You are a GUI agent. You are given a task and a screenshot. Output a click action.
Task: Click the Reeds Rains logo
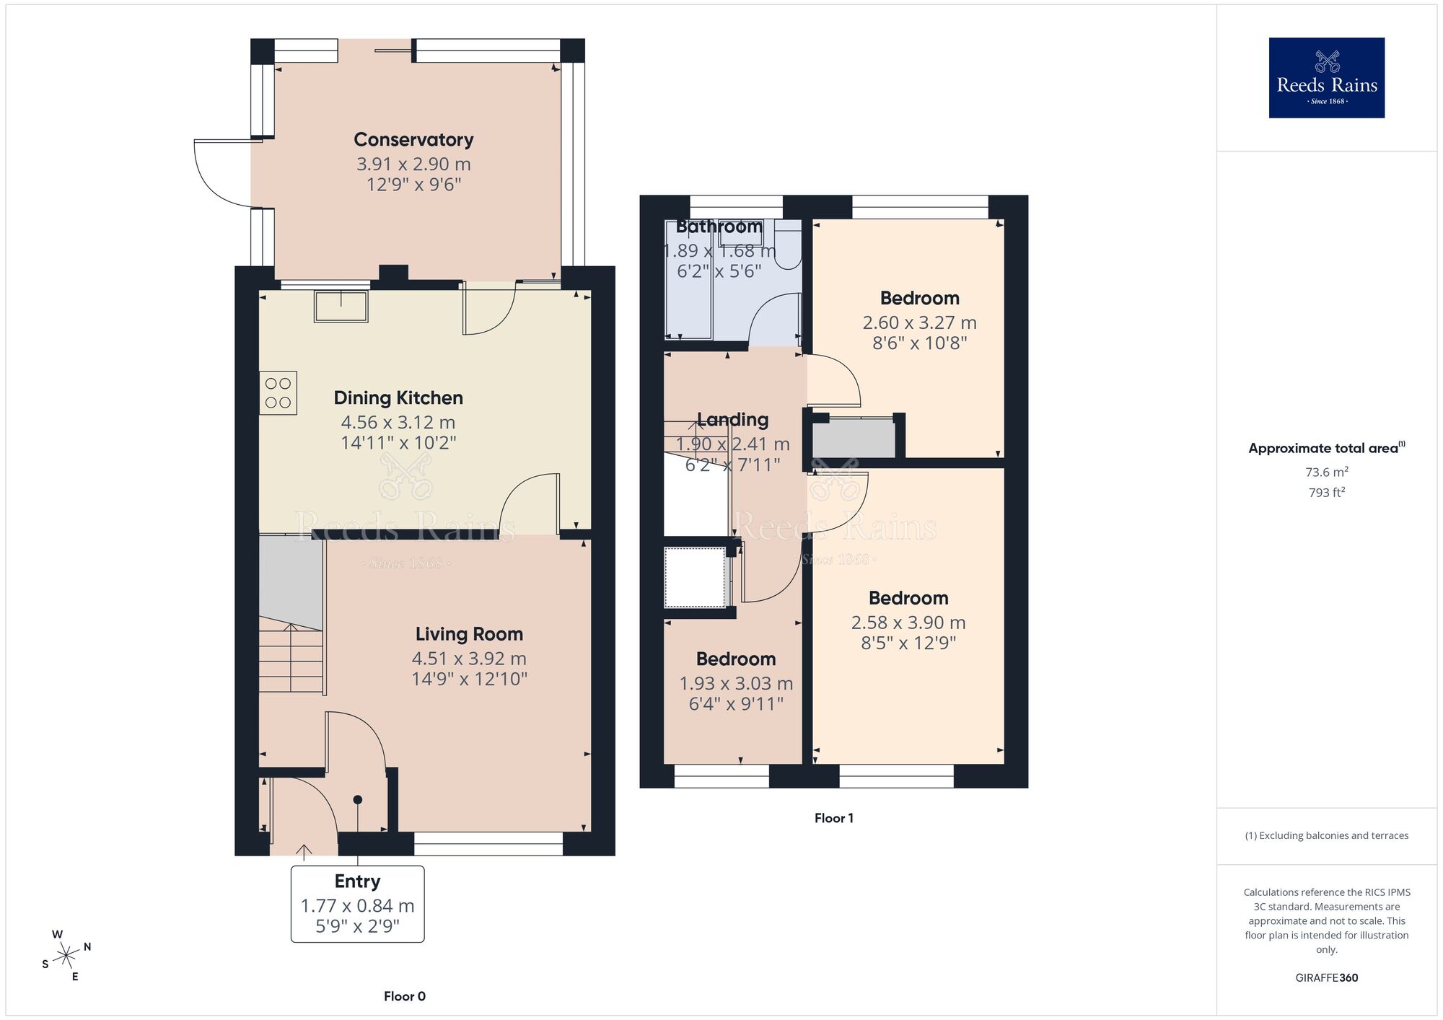[x=1326, y=78]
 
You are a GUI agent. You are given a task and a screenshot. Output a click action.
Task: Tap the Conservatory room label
[x=413, y=140]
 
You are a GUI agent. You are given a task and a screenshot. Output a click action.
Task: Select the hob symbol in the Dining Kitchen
[x=278, y=393]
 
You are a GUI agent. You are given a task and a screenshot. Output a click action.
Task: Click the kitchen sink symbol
[x=341, y=306]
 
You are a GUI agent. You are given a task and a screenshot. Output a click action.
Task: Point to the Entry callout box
[x=357, y=904]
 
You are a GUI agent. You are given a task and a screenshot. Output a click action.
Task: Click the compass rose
[x=66, y=957]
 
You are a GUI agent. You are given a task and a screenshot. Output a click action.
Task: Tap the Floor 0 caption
[x=404, y=996]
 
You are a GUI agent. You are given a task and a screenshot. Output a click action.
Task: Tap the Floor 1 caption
[x=833, y=818]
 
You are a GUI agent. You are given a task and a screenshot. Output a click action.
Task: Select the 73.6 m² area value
[x=1326, y=472]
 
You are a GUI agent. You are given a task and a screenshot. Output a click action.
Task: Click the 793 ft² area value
[x=1326, y=493]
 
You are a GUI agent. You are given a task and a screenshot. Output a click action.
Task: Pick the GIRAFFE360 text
[x=1326, y=978]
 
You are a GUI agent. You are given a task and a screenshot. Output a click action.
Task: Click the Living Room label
[x=469, y=634]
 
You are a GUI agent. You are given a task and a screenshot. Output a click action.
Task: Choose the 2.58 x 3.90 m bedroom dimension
[x=908, y=623]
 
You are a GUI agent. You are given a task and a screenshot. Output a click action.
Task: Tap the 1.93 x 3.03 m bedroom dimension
[x=736, y=683]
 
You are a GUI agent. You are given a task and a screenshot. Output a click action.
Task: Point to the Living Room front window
[x=488, y=843]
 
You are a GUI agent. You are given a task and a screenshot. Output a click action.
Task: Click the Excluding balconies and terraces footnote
[x=1326, y=835]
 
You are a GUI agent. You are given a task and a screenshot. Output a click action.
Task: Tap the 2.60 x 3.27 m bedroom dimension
[x=919, y=322]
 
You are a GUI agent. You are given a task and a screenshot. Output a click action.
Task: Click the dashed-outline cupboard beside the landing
[x=695, y=577]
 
